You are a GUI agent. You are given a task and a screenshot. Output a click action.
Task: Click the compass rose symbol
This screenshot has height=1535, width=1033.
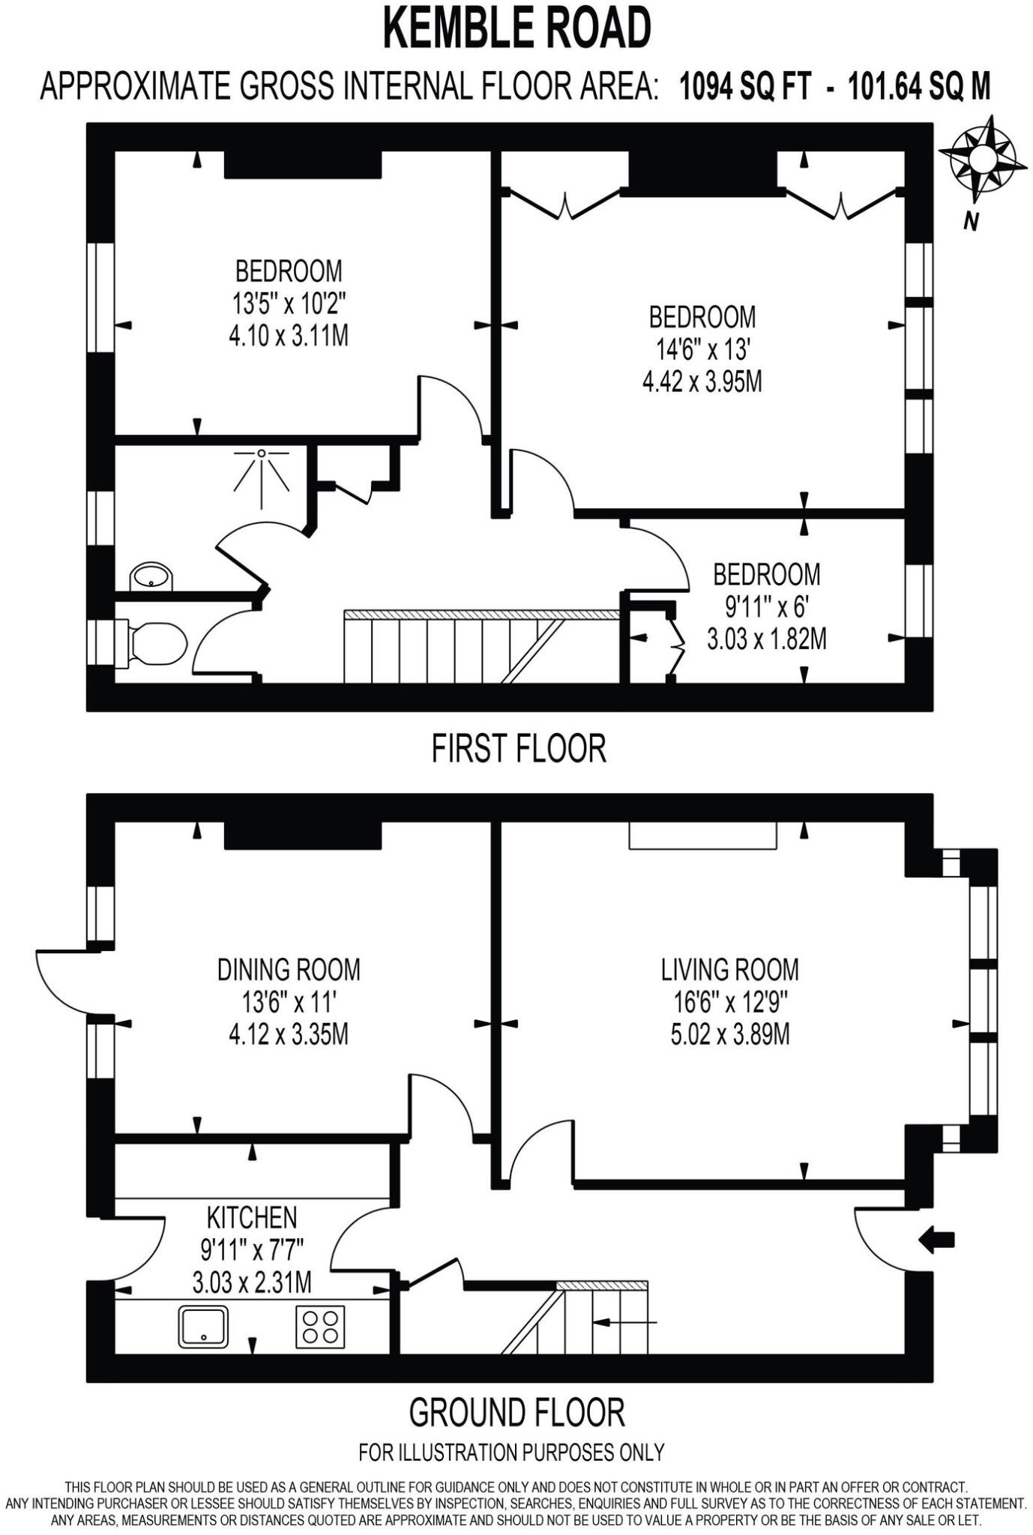(982, 160)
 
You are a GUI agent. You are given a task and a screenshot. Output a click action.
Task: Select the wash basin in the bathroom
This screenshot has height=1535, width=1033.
(152, 577)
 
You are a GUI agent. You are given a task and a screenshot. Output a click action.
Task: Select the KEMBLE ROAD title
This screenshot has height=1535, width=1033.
(516, 29)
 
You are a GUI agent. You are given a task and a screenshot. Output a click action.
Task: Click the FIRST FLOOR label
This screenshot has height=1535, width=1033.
(518, 749)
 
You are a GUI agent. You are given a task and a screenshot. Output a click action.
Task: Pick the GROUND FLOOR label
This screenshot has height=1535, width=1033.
(516, 1413)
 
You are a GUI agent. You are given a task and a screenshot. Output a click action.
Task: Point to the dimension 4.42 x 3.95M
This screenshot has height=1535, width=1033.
(702, 382)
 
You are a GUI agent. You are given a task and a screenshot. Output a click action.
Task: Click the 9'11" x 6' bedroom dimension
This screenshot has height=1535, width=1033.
(765, 607)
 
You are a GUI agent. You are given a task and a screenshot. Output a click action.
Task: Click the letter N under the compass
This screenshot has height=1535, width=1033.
(971, 222)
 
